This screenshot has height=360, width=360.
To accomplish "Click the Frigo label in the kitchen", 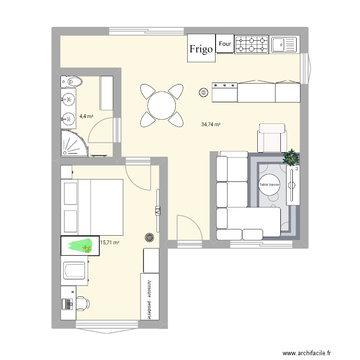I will pos(201,48).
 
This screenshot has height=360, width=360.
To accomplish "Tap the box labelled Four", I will pos(225,44).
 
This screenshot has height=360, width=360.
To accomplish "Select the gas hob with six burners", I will pos(251,45).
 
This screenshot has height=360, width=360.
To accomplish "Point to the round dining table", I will pos(162,106).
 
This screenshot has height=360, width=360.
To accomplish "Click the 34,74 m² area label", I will pos(211,124).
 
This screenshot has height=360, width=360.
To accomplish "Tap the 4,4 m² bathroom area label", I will pos(86,116).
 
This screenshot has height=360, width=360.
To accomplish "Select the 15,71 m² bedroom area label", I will pos(109,243).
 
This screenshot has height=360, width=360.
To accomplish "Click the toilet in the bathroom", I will pos(72,82).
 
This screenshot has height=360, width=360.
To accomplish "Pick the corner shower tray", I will pos(74,143).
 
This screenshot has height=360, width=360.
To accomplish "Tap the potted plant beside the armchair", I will pos(290,157).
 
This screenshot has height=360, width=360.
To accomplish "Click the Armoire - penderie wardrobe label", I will pos(149,296).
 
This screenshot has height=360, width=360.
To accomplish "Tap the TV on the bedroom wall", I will pos(157,210).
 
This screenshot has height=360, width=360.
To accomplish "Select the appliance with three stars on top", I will pos(225,91).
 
